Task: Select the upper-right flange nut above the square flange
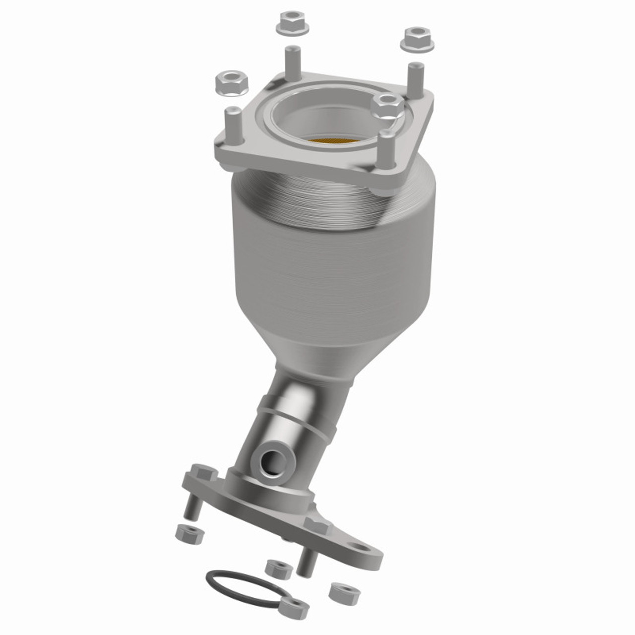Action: tap(417, 39)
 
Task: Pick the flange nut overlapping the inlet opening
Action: tap(387, 105)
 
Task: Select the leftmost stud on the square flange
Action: tap(232, 124)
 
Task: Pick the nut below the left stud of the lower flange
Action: tap(190, 533)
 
